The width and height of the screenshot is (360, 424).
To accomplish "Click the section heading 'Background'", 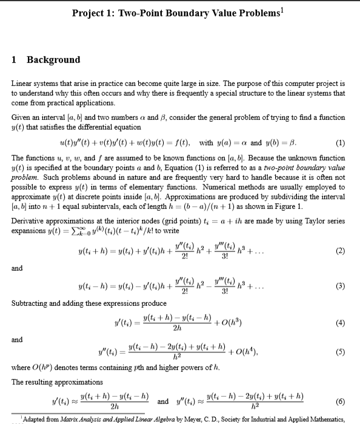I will point(53,59).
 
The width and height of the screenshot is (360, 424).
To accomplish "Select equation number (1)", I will point(341,144).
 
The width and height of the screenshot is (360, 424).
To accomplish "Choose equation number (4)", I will point(341,323).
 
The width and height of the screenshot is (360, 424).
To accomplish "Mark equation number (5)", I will point(341,351).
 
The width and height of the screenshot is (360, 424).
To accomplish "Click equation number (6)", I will point(341,401).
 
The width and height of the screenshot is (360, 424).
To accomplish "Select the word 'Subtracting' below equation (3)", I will point(32,303).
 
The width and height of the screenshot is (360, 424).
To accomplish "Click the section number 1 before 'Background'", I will point(15,59).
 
